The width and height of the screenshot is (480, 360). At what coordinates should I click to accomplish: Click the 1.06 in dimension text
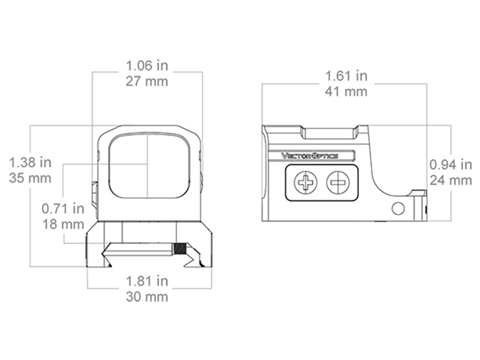[x=147, y=65]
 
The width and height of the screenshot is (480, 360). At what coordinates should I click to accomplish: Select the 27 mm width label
[x=147, y=81]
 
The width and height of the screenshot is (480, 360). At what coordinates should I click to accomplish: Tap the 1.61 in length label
[x=346, y=76]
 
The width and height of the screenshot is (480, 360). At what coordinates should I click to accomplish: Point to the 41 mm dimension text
[x=346, y=92]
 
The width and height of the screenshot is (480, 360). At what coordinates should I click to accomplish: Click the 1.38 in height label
[x=30, y=162]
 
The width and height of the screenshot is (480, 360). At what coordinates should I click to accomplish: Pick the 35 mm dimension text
[x=30, y=178]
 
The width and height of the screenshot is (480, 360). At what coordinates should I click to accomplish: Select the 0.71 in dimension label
[x=63, y=208]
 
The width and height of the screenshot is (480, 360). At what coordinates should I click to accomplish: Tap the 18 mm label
[x=63, y=224]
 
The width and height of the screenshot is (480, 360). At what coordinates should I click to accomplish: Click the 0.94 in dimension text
[x=451, y=164]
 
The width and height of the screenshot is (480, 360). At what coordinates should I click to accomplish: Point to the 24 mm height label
[x=451, y=180]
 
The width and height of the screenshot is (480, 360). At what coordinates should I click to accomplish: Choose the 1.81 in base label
[x=147, y=281]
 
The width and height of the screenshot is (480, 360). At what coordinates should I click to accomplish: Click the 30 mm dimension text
[x=147, y=297]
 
